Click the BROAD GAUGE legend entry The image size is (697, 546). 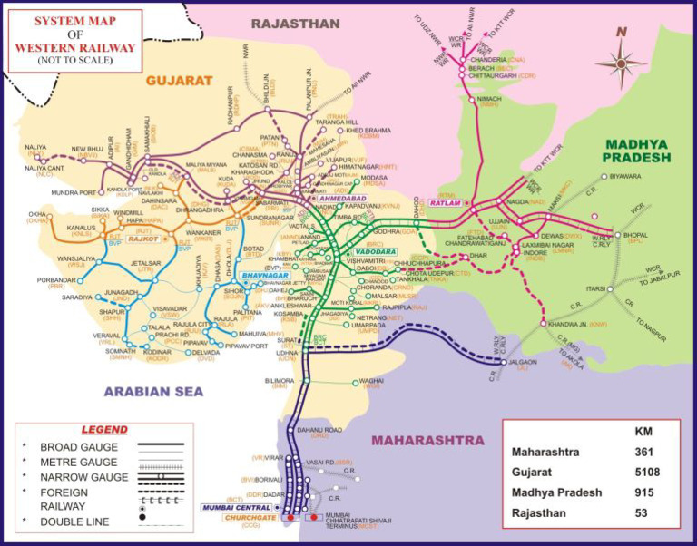(81, 447)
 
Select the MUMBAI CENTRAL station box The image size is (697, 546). (235, 506)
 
